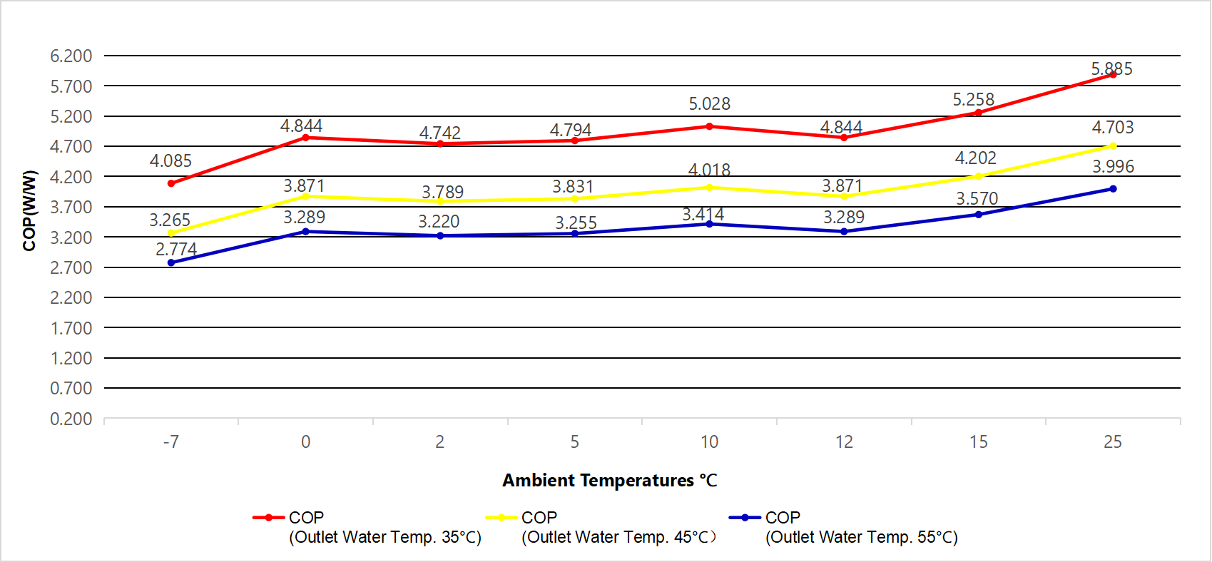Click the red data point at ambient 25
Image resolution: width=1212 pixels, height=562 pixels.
[x=1113, y=74]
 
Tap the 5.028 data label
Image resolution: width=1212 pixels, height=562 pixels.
[x=709, y=104]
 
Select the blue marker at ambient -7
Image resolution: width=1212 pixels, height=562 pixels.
[x=171, y=262]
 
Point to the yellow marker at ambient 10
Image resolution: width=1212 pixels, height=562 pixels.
[x=709, y=188]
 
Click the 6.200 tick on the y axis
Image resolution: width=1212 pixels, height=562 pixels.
[x=71, y=56]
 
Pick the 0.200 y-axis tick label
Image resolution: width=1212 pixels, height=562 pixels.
[x=71, y=419]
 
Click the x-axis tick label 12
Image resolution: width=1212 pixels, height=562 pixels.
[x=844, y=442]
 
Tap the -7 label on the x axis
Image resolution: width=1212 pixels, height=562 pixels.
[x=170, y=442]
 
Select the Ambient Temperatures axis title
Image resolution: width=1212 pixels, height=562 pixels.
[x=609, y=480]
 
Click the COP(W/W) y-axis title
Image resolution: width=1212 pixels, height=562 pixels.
[x=29, y=210]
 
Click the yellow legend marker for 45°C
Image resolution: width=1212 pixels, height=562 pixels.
[x=501, y=517]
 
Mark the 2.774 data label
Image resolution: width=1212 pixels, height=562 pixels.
[x=176, y=249]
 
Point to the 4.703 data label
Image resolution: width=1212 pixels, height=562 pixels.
[x=1112, y=128]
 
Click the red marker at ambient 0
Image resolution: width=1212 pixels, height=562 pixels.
[x=306, y=137]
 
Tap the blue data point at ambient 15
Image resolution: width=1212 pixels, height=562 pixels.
[x=978, y=215]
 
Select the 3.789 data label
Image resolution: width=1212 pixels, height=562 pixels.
[x=442, y=192]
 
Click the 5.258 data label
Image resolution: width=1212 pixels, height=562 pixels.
[x=973, y=100]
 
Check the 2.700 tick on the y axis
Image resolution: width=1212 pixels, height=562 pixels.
[x=71, y=267]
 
